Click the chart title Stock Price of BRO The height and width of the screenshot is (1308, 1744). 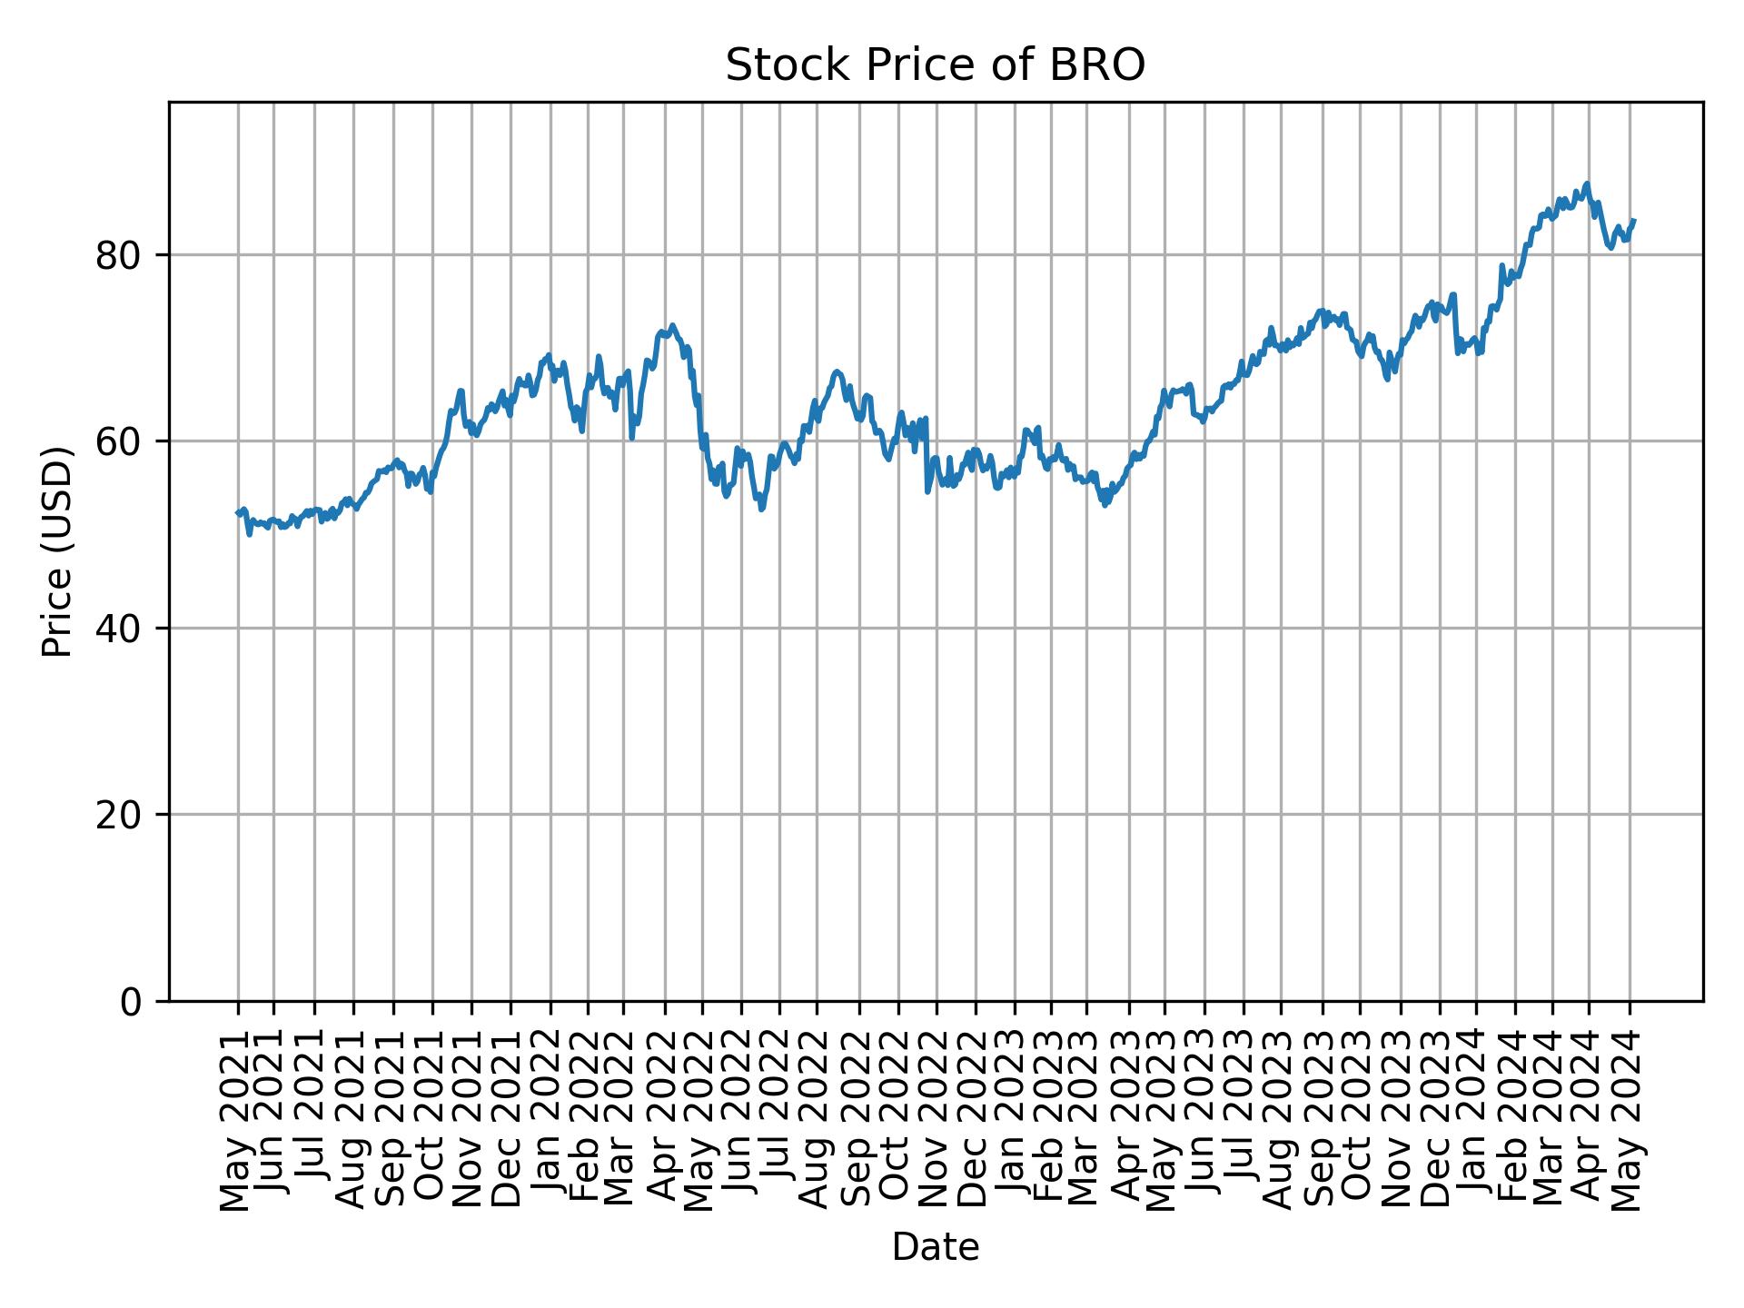pos(935,66)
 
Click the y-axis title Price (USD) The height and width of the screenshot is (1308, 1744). pos(57,551)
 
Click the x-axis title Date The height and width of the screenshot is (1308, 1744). pos(935,1247)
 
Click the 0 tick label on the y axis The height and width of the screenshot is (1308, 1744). pos(133,1002)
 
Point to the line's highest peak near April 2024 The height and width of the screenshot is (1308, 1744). pos(1586,183)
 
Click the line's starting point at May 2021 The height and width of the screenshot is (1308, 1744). pos(238,513)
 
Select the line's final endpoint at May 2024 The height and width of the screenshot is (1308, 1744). pos(1634,220)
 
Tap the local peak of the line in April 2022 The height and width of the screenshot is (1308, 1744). pos(671,325)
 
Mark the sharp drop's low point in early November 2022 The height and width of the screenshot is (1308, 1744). pos(927,491)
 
